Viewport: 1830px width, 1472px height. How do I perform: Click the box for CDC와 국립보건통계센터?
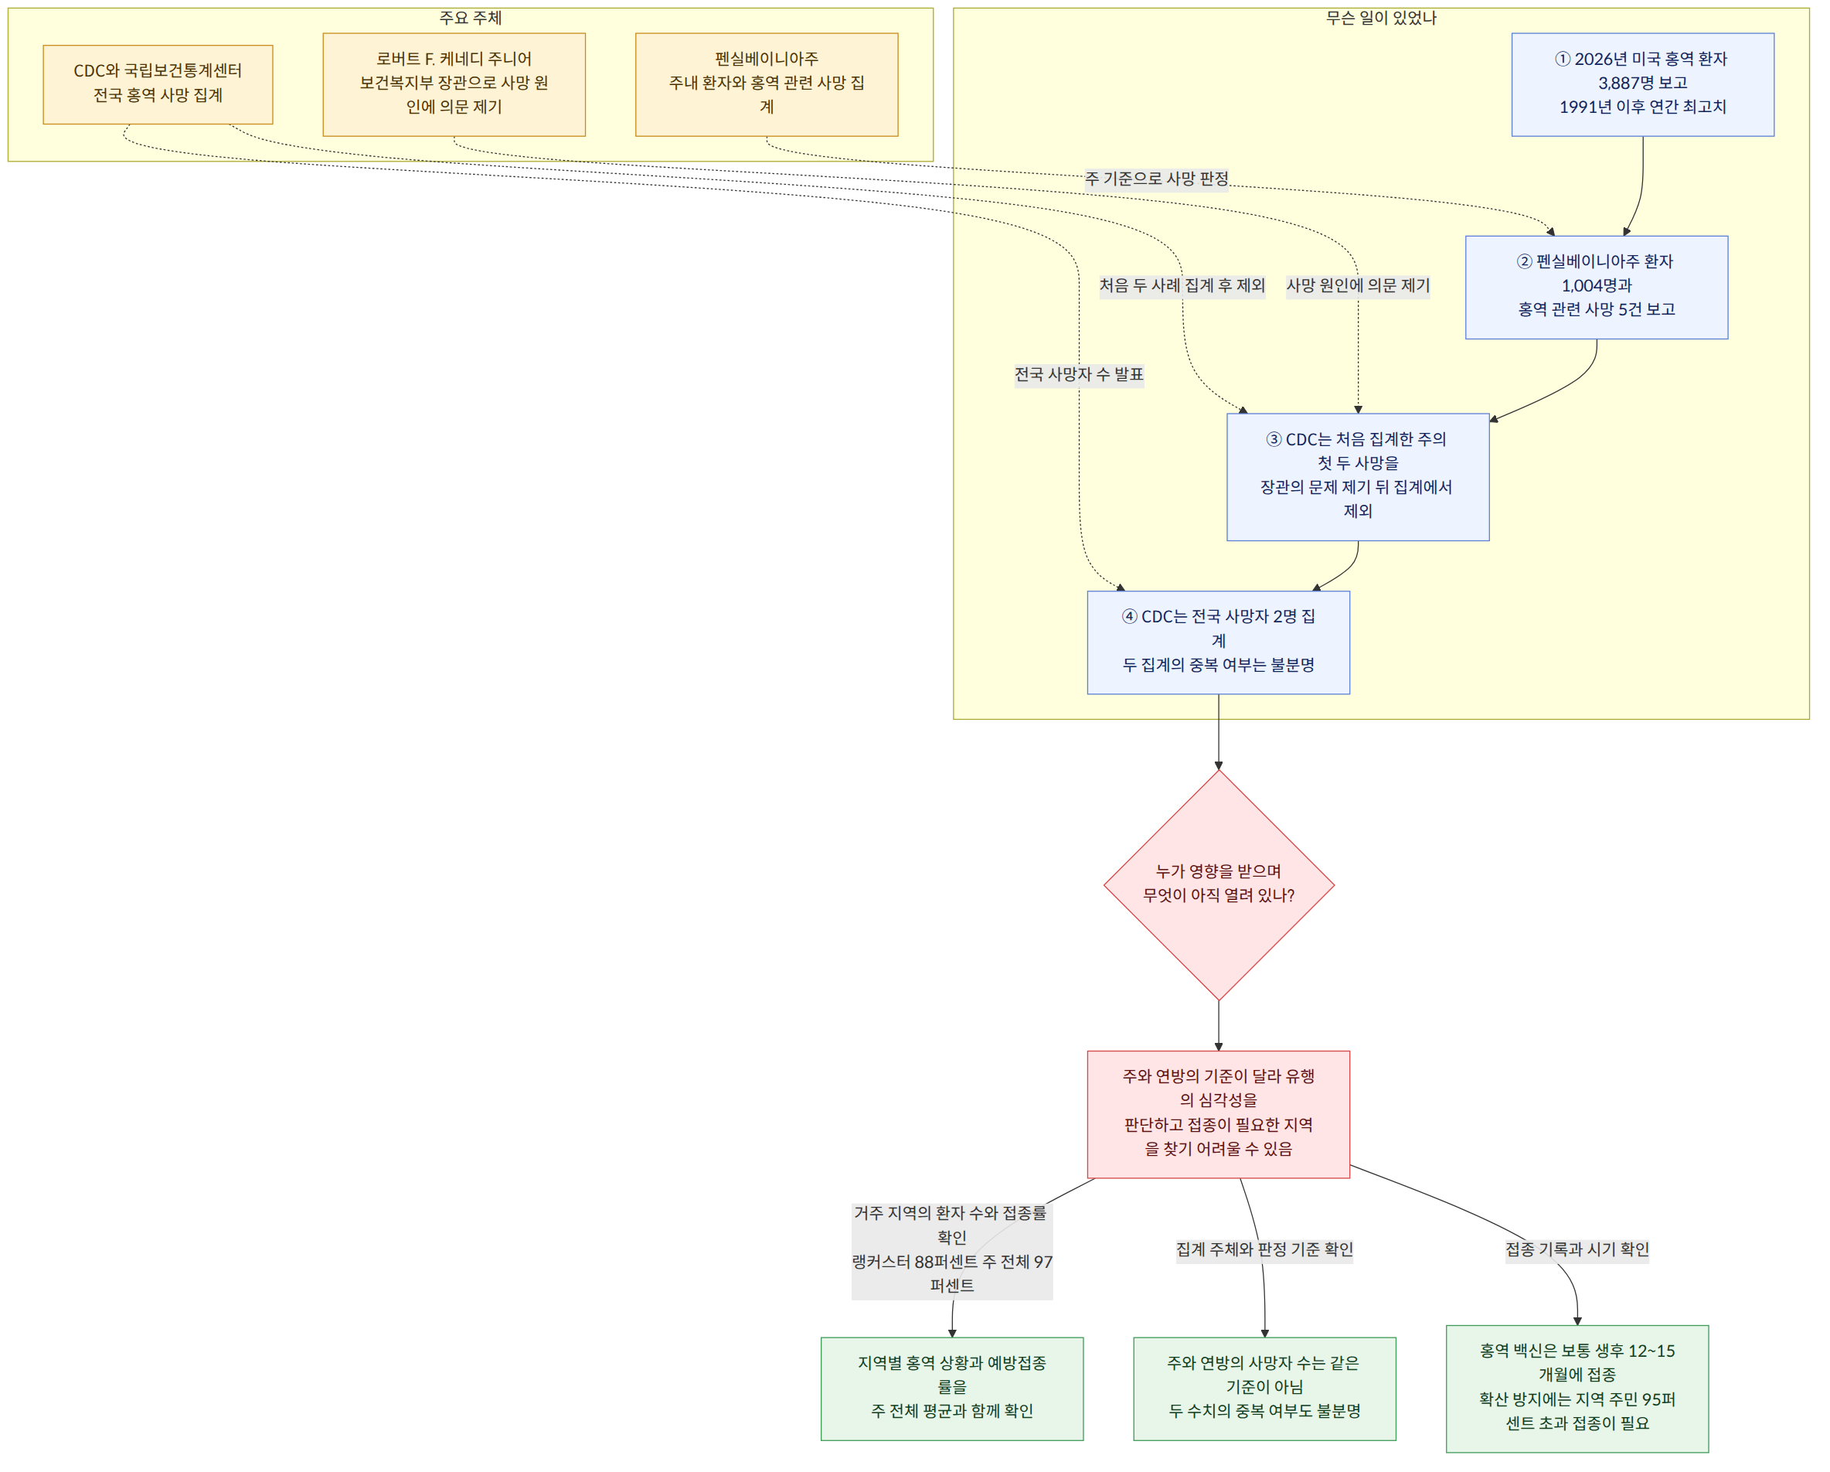click(x=158, y=85)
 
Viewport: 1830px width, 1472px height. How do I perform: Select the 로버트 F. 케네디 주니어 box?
click(x=454, y=85)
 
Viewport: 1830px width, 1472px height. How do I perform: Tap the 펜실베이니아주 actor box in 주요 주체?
click(x=767, y=85)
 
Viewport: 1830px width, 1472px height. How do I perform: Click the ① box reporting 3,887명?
click(x=1642, y=85)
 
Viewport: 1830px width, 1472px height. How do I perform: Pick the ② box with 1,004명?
click(x=1597, y=288)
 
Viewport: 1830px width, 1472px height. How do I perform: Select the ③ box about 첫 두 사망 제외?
click(x=1358, y=477)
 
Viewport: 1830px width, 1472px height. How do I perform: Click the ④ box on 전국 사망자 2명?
click(x=1219, y=642)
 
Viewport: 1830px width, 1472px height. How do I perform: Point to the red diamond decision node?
click(x=1219, y=885)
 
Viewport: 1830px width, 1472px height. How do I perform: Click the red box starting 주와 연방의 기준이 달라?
click(x=1219, y=1115)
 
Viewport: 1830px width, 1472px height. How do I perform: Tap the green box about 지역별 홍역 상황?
click(x=952, y=1389)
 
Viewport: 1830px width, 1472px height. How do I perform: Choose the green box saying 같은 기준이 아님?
click(x=1265, y=1389)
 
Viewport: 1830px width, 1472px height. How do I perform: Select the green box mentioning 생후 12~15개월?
click(x=1577, y=1389)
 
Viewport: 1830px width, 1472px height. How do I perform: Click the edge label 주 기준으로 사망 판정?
click(x=1157, y=179)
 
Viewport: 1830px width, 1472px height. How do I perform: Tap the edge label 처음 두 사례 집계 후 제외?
click(x=1182, y=286)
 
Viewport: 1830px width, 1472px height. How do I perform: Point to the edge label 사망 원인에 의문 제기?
click(x=1358, y=286)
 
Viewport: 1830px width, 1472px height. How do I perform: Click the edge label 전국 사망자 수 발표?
click(x=1080, y=375)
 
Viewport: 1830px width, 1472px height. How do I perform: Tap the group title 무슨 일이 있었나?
click(x=1382, y=19)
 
